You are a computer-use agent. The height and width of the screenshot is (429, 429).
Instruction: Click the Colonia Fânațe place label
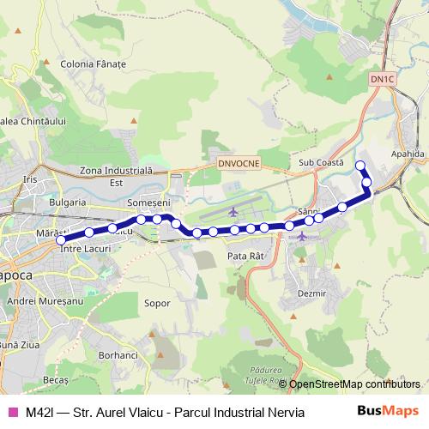94,64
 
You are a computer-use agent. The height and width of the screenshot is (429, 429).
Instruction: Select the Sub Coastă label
321,162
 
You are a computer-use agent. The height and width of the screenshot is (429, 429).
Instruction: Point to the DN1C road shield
382,79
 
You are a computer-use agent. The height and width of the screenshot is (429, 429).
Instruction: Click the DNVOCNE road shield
233,161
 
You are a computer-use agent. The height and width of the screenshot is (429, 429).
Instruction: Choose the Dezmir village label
311,293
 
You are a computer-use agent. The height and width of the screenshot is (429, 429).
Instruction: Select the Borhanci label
118,354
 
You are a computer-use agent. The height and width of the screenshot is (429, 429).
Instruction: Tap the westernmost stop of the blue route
61,240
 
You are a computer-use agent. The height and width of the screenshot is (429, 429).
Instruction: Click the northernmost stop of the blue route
360,166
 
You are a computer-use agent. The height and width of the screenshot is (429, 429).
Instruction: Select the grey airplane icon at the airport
235,210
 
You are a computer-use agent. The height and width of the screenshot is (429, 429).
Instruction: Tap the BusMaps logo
388,411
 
